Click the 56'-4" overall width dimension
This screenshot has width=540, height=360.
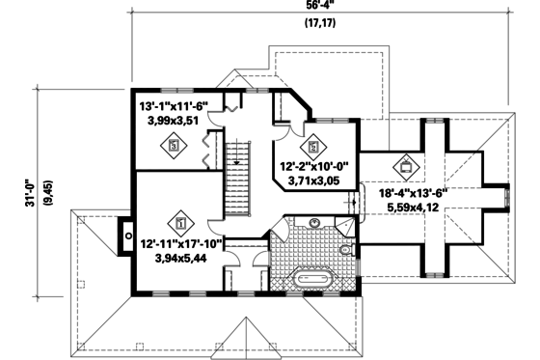314,5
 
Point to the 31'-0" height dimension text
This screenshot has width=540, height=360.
30,191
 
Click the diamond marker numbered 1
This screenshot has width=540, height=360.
179,220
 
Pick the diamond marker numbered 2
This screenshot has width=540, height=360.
312,147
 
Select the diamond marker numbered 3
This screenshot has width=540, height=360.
174,146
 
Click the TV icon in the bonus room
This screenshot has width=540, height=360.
406,165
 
